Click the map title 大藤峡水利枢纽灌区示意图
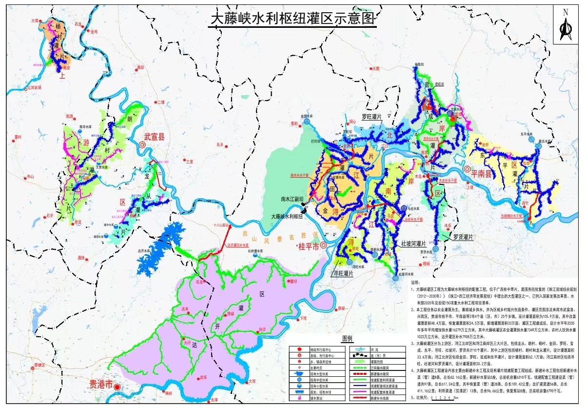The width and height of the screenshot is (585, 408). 293,19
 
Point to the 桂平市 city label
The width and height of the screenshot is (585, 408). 308,247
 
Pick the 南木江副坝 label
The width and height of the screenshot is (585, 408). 292,199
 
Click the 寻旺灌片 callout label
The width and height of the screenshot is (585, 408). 343,274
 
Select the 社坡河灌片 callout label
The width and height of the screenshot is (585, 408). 413,244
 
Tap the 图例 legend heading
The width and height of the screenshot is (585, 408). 347,338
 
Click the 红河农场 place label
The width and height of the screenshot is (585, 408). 34,87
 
